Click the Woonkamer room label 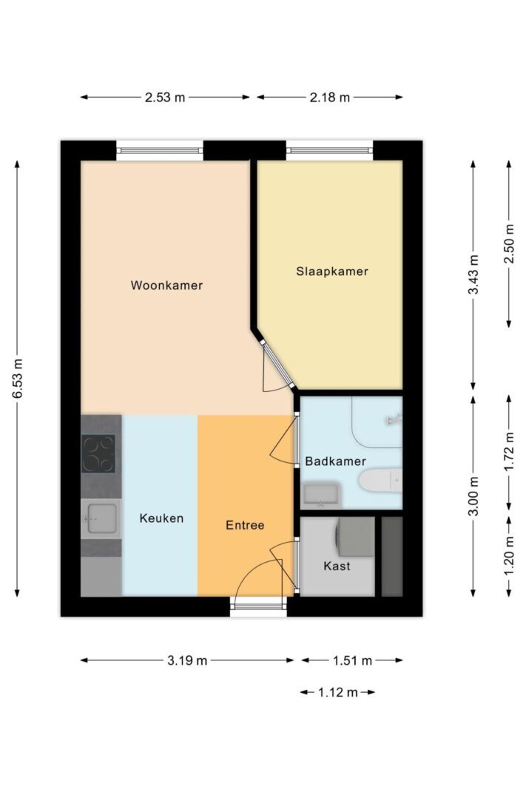[x=166, y=285]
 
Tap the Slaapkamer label [x=331, y=271]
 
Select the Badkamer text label [x=335, y=461]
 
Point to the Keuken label [x=161, y=518]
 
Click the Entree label [x=245, y=525]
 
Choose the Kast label [x=337, y=566]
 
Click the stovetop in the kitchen [x=98, y=454]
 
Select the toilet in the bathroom [x=380, y=481]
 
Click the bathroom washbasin [x=320, y=493]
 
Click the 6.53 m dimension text [x=17, y=379]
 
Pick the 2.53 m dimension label [x=165, y=98]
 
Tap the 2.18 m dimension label [x=330, y=98]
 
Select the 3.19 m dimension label [x=186, y=660]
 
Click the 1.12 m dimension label [x=337, y=693]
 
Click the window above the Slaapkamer [x=329, y=150]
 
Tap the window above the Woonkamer [x=159, y=150]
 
